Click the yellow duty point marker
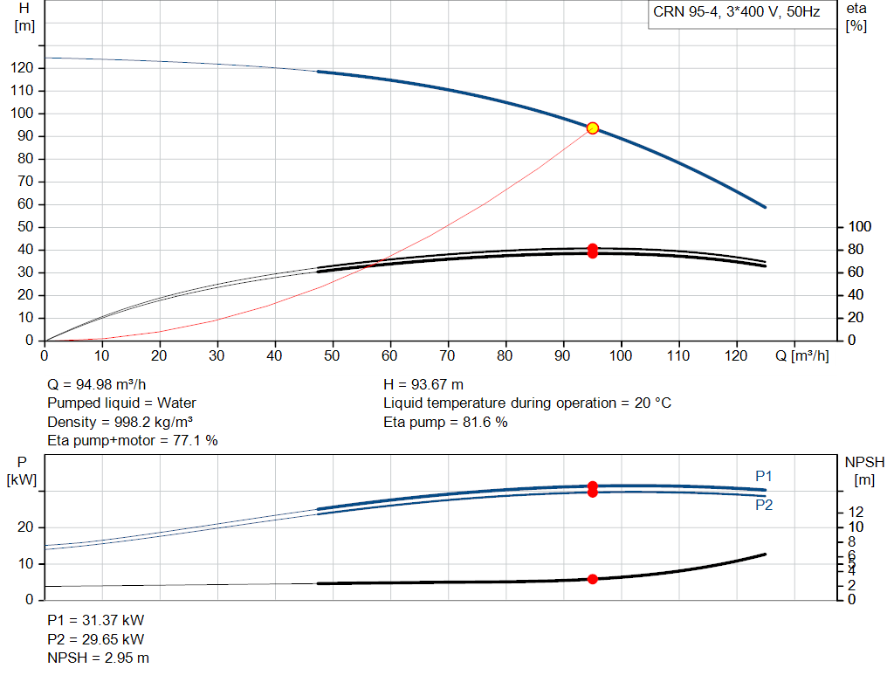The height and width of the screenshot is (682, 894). (593, 128)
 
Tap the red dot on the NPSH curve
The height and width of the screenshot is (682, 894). (593, 579)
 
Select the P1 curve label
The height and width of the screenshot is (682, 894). (763, 476)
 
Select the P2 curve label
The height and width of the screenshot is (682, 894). (764, 506)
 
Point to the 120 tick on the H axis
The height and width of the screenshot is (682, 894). (22, 68)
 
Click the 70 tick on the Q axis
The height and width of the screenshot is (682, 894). (447, 355)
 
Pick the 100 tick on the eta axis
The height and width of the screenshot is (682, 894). (860, 227)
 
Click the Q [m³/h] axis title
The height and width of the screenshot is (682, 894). (801, 355)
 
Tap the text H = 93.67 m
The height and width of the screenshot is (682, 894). (423, 385)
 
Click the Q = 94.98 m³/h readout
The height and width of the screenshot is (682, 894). (96, 385)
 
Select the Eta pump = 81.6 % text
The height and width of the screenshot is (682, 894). (445, 423)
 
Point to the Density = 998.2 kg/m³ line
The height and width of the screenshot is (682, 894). (120, 423)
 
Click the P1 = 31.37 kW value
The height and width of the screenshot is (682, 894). (96, 620)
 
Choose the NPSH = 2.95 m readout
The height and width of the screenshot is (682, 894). (98, 658)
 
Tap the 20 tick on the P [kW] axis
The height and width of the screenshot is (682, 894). (25, 527)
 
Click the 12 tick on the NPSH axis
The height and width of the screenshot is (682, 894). (856, 512)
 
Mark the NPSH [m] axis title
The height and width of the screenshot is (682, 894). (864, 471)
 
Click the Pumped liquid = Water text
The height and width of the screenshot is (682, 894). (121, 403)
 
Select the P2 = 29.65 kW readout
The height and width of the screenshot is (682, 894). (96, 639)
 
